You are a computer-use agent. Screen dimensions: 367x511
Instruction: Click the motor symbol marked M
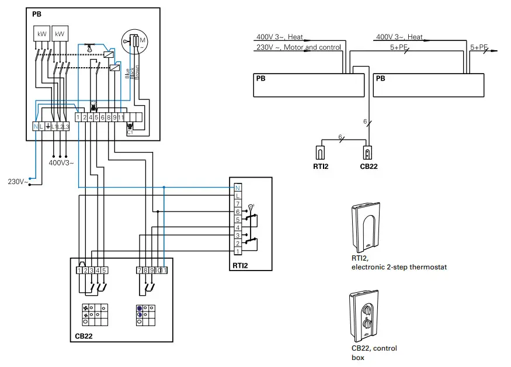tap(136, 40)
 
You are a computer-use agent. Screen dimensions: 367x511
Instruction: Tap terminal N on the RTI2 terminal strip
tap(238, 188)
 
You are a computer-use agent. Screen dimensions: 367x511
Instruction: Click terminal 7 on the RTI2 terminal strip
tap(238, 203)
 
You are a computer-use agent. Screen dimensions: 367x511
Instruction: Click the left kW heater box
tap(42, 34)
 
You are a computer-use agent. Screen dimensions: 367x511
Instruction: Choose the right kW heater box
tap(60, 34)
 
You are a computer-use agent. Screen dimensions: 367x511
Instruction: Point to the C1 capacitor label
tap(130, 133)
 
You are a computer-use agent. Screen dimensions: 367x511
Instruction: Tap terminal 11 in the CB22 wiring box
tap(164, 271)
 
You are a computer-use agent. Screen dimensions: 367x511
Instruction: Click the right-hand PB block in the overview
tap(428, 85)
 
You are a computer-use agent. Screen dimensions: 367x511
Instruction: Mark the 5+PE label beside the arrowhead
tap(478, 47)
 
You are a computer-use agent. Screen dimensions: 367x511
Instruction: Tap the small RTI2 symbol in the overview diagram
tap(320, 153)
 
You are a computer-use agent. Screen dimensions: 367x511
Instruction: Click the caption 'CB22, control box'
tap(370, 352)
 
